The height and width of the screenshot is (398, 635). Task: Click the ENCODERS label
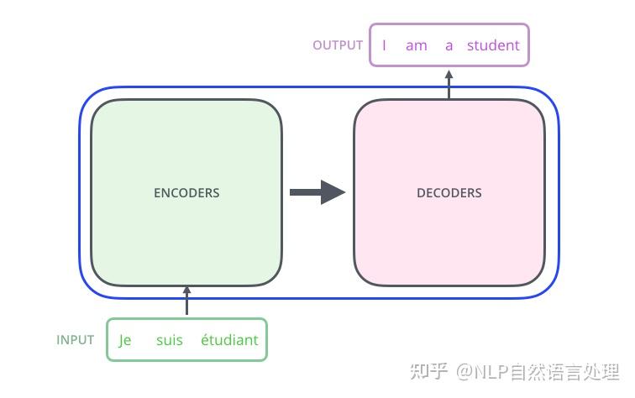(x=186, y=193)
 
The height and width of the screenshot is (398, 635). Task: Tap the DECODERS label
(x=449, y=193)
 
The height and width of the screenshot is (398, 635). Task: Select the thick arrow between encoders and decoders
(x=316, y=192)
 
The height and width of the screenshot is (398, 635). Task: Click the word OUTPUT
(x=338, y=45)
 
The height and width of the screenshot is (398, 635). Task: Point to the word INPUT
(x=76, y=340)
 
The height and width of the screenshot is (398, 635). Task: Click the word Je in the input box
(x=125, y=340)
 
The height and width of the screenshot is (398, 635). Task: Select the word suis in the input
(x=169, y=340)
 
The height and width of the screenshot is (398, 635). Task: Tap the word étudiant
(x=229, y=340)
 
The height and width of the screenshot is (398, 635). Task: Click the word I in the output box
(x=384, y=45)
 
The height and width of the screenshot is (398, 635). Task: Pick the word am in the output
(x=417, y=45)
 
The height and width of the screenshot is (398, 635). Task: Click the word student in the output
(x=493, y=45)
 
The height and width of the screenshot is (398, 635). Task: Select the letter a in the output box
(x=449, y=45)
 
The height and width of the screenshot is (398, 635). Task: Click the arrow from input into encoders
(x=186, y=301)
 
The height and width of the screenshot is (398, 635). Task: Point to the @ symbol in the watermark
(x=465, y=371)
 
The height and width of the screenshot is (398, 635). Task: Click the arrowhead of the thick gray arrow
(x=333, y=192)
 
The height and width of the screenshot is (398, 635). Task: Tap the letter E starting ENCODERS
(x=157, y=193)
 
